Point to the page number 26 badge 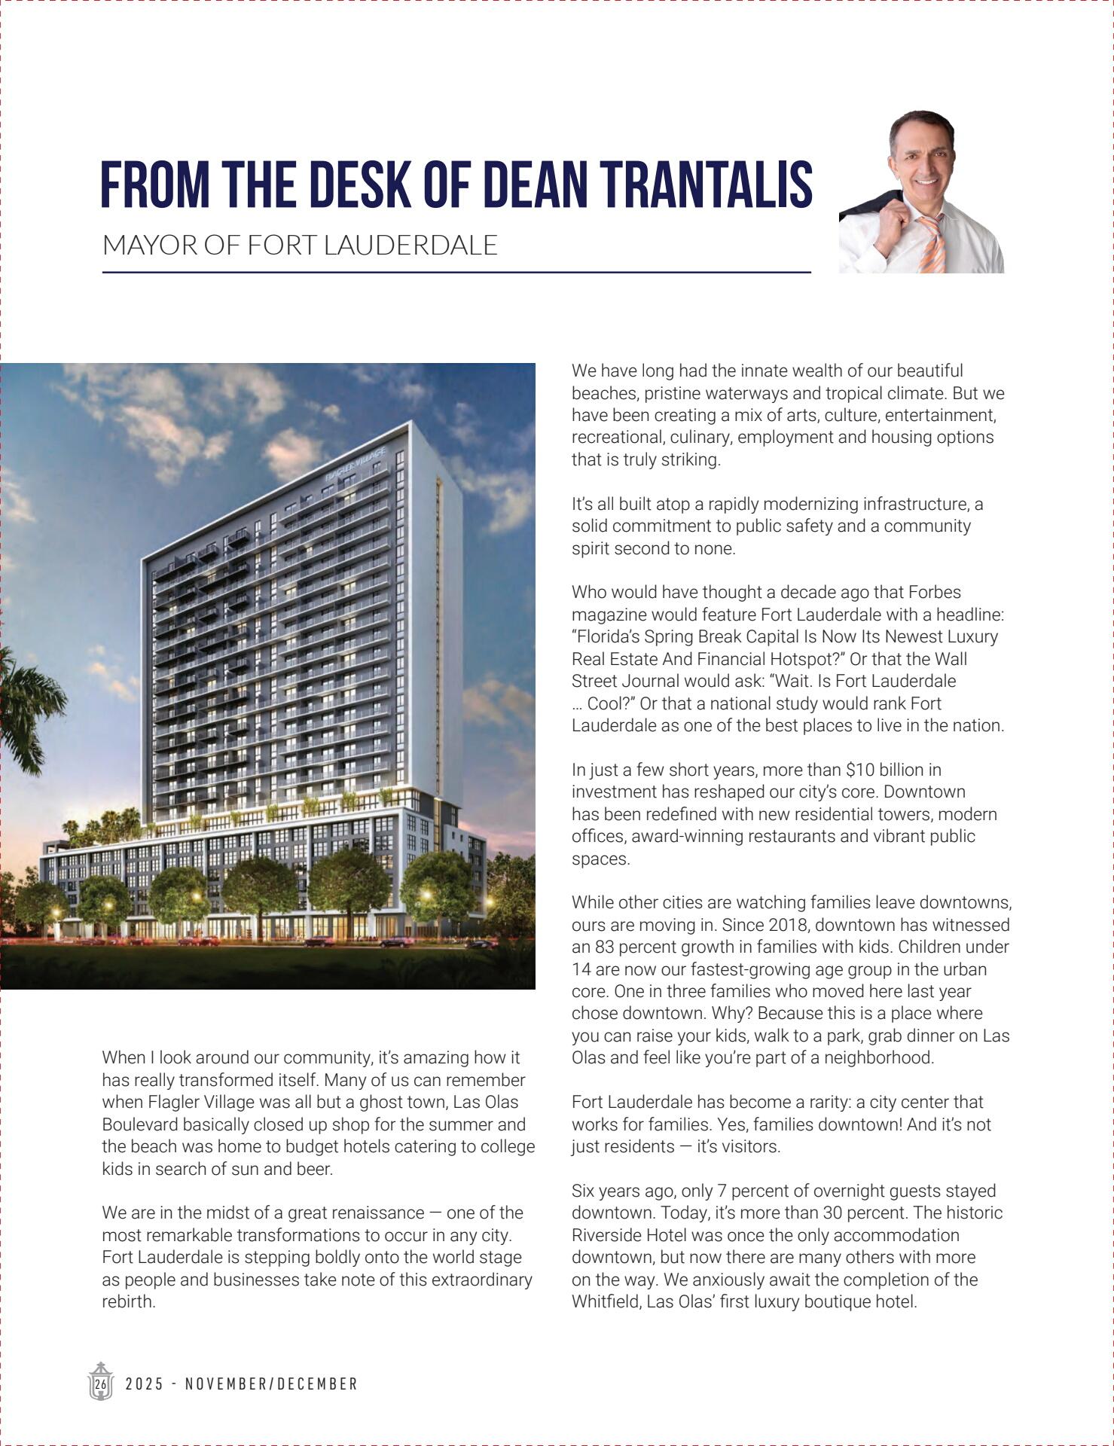pos(100,1383)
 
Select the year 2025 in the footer pos(144,1384)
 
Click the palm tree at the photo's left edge pos(23,708)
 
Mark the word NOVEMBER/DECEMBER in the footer pos(271,1384)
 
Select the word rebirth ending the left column pos(128,1302)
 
